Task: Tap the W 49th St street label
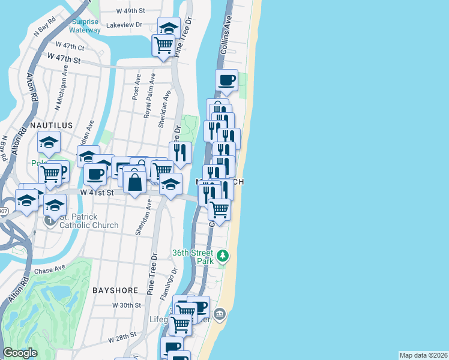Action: click(x=131, y=11)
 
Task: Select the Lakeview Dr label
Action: click(x=124, y=25)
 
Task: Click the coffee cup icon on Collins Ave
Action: click(x=227, y=80)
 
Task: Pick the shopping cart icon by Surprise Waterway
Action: click(x=163, y=44)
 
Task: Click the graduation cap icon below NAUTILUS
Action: click(x=49, y=142)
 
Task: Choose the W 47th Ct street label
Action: click(x=70, y=46)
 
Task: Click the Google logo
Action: click(x=20, y=353)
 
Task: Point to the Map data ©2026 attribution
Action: click(x=423, y=355)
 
